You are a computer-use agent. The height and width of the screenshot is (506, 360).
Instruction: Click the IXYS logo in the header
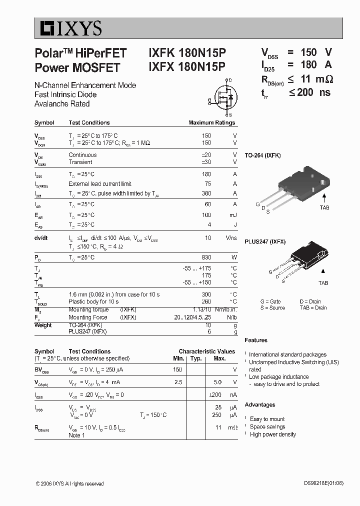point(68,29)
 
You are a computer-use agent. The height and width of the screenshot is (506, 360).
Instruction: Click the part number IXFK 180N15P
point(187,53)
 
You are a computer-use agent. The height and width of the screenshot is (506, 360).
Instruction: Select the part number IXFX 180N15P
point(187,66)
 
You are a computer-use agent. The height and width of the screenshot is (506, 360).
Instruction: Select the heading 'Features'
point(256,340)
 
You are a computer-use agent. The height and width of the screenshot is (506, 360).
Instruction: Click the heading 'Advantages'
point(259,404)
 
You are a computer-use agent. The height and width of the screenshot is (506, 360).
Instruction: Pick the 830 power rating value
point(206,257)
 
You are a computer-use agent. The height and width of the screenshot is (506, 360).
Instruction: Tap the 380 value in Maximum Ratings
point(206,193)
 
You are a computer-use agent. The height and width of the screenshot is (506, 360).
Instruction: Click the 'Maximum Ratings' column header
point(211,122)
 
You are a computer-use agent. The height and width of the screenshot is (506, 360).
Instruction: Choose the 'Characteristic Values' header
point(206,351)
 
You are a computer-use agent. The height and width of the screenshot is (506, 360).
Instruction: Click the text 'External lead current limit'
point(100,184)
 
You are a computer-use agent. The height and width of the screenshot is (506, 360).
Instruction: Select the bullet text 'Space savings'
point(267,426)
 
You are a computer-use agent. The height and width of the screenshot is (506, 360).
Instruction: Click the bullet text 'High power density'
point(272,434)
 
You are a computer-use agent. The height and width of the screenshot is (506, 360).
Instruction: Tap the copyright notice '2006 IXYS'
point(69,483)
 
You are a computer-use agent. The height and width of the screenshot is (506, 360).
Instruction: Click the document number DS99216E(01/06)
point(323,483)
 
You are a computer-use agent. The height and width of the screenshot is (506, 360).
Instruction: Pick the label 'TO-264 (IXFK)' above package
point(262,155)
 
